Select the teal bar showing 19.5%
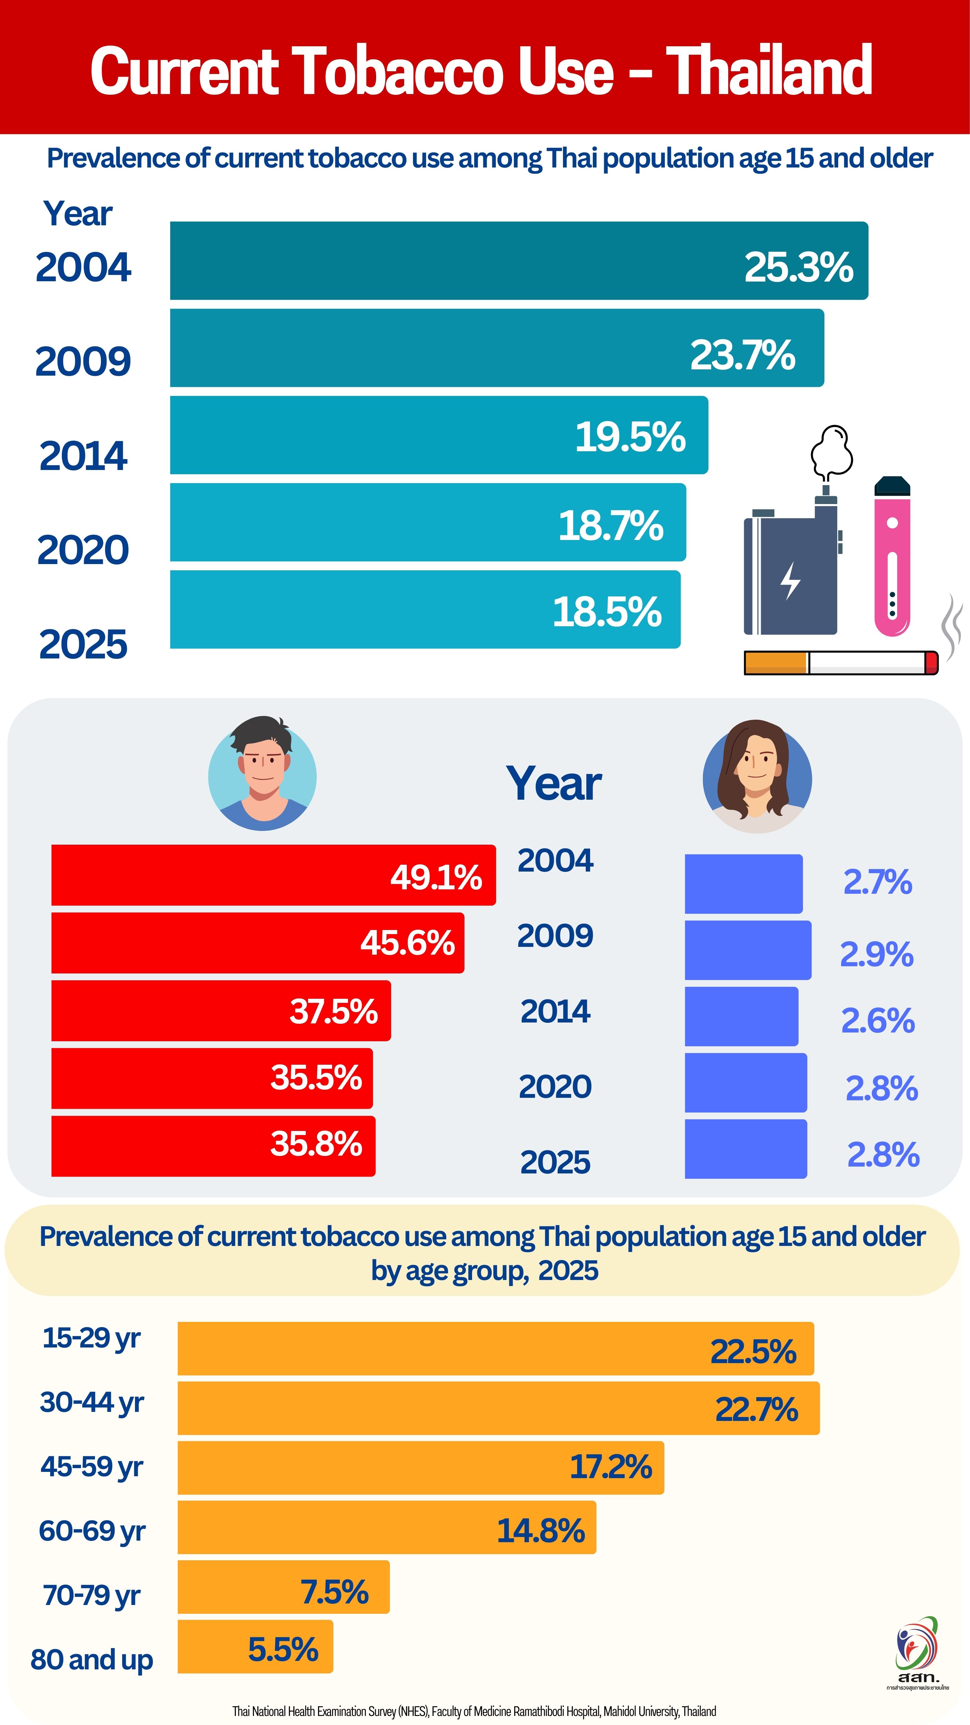point(439,435)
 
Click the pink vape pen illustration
point(892,556)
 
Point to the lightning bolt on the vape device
point(791,580)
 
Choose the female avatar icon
point(757,777)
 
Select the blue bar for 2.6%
point(741,1016)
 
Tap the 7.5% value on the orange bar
point(334,1592)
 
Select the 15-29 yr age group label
point(92,1337)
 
